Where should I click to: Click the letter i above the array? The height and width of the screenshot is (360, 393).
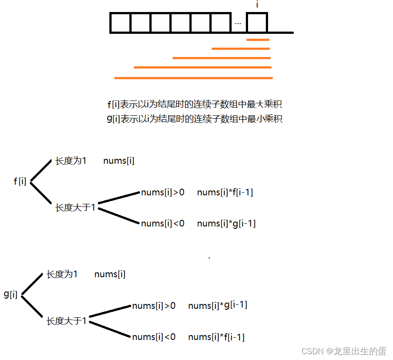[x=257, y=5]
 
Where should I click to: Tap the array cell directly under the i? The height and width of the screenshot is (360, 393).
[x=257, y=23]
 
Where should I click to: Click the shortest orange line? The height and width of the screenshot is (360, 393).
[x=258, y=40]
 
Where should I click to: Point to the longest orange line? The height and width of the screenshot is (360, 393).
[x=193, y=78]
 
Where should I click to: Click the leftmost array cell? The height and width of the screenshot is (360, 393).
[x=120, y=23]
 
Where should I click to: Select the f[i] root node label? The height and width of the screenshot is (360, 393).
[x=20, y=181]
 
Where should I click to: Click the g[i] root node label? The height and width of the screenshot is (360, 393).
[x=11, y=294]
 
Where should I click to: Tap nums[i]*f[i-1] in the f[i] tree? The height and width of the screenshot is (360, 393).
[x=225, y=192]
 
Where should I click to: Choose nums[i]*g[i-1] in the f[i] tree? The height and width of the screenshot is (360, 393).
[x=226, y=223]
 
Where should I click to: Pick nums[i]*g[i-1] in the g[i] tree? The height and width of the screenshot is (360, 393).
[x=217, y=305]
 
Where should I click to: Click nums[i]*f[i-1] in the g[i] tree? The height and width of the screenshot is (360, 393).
[x=216, y=337]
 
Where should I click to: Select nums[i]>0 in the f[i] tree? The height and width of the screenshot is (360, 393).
[x=163, y=192]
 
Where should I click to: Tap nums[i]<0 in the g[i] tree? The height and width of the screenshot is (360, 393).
[x=154, y=337]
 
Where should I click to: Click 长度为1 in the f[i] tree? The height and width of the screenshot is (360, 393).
[x=71, y=161]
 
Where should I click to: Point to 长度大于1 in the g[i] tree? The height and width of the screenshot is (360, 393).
[x=66, y=321]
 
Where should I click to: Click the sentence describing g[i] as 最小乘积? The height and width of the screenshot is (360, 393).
[x=195, y=119]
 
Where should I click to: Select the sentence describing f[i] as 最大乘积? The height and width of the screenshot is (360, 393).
[x=195, y=105]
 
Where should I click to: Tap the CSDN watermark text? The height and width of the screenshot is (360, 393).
[x=344, y=351]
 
